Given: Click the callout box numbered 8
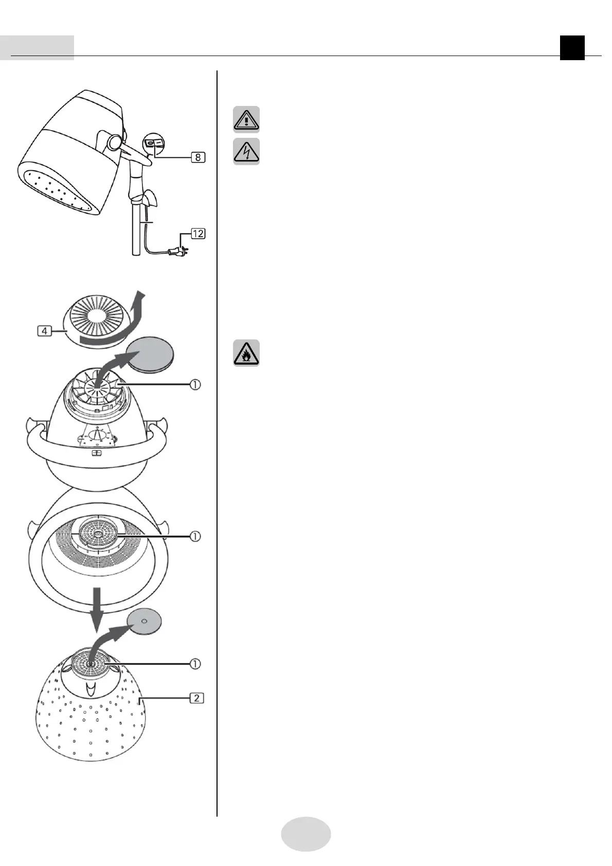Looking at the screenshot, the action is click(x=198, y=157).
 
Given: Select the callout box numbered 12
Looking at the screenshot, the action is click(x=198, y=233).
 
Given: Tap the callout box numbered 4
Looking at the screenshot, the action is click(x=45, y=331).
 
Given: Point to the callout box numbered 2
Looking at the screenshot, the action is click(x=196, y=698).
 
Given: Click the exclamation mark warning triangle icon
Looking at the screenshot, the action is click(x=246, y=119).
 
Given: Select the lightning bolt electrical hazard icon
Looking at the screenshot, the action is click(x=246, y=151).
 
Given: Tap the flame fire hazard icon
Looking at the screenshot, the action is click(x=246, y=353).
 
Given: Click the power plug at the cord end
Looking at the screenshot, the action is click(x=177, y=251).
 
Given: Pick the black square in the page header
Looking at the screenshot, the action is click(x=572, y=48).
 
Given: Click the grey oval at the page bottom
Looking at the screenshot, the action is click(x=306, y=834).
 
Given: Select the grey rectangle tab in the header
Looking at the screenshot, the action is click(x=37, y=48).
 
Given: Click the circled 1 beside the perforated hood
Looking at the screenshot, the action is click(x=195, y=664).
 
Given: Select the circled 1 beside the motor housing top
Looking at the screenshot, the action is click(x=195, y=384).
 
